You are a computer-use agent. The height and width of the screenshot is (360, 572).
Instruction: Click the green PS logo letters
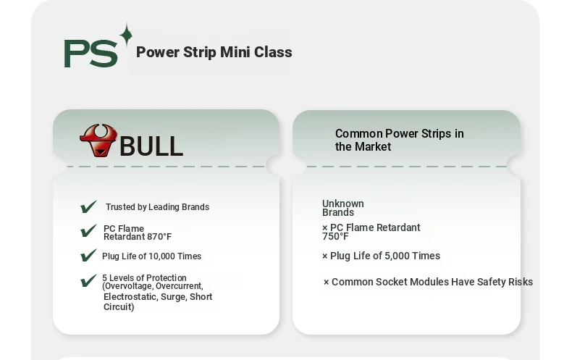tap(91, 54)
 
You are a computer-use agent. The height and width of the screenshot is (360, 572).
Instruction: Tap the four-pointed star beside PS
tap(126, 35)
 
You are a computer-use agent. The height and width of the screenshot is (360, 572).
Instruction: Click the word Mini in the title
tap(235, 52)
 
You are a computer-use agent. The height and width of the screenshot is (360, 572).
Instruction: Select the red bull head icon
tap(98, 141)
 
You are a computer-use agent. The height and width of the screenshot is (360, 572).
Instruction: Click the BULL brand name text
tap(151, 146)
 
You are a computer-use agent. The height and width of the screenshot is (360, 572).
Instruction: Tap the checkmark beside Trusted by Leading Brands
tap(88, 206)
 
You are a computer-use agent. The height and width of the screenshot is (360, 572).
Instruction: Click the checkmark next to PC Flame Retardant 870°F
tap(88, 231)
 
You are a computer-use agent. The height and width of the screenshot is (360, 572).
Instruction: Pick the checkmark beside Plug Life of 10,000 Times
tap(88, 255)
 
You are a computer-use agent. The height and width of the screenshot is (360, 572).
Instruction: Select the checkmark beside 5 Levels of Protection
tap(88, 280)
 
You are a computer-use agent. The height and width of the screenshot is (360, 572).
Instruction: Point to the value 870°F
tap(159, 237)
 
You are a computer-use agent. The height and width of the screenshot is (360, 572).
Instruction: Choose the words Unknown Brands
tap(343, 208)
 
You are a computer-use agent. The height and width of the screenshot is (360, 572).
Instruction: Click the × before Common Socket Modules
tap(326, 282)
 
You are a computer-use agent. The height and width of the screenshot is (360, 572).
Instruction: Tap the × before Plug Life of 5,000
tap(324, 256)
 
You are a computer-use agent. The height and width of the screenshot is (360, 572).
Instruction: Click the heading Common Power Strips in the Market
tap(400, 140)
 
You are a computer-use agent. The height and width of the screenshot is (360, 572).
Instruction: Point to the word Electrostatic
tap(130, 296)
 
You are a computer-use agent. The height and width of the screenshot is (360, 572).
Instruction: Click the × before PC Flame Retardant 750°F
tap(324, 228)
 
